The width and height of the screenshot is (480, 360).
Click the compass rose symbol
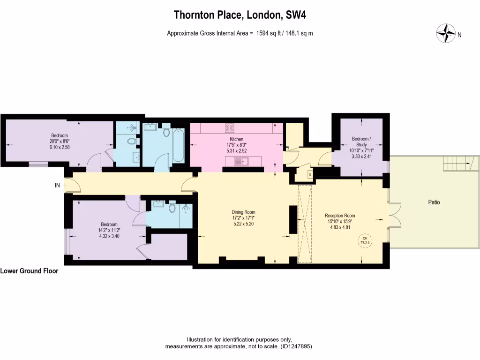coord(446,34)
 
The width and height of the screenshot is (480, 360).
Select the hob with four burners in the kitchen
coord(230,127)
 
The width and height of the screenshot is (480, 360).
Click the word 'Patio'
coord(434,202)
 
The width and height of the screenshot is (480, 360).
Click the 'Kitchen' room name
coord(236,139)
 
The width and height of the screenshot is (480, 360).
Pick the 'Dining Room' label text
coord(244,212)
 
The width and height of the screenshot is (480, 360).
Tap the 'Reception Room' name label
coord(340,216)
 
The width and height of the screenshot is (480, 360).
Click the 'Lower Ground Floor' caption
coord(30,271)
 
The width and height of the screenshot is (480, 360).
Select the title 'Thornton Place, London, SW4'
coord(240,15)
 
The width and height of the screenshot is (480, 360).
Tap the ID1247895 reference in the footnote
coord(296,347)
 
